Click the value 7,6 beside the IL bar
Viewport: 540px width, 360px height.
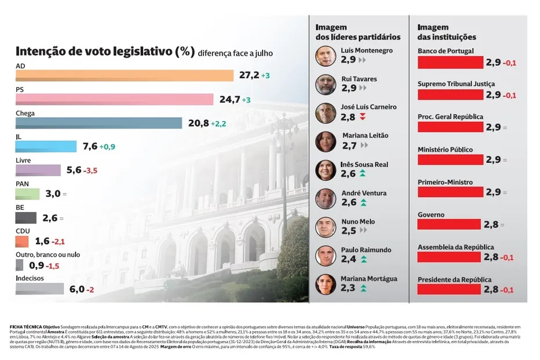[90, 147]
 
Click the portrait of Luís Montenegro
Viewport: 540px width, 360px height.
[326, 56]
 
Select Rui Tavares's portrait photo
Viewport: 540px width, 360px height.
[326, 85]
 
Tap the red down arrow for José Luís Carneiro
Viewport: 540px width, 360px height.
[363, 118]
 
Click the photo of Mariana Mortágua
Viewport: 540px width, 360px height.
[326, 284]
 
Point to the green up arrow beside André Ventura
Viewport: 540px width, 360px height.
[363, 202]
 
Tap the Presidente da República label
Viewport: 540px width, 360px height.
[454, 280]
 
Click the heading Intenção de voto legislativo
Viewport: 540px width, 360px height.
[104, 52]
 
